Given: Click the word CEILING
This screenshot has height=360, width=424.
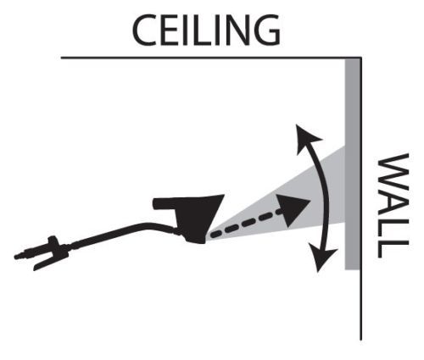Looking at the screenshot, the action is click(x=206, y=30).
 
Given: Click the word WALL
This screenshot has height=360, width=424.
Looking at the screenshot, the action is click(x=393, y=206).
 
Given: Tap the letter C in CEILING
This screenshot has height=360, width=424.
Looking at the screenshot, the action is click(x=145, y=30).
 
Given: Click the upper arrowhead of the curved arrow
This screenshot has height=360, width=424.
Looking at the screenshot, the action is click(x=307, y=138).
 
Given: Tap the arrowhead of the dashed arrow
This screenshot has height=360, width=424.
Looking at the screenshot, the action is click(x=293, y=209).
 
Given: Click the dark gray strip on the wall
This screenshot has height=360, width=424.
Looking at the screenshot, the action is click(x=352, y=163).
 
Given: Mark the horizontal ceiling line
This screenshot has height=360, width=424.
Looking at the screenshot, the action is click(x=211, y=58).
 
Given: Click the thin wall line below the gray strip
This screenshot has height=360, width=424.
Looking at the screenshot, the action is click(x=360, y=305).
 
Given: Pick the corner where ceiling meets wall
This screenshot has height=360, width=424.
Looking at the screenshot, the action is click(x=360, y=58).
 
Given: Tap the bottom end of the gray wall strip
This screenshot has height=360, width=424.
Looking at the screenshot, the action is click(x=352, y=269).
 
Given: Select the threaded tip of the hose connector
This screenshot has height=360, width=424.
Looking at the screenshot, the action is click(x=19, y=256).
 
